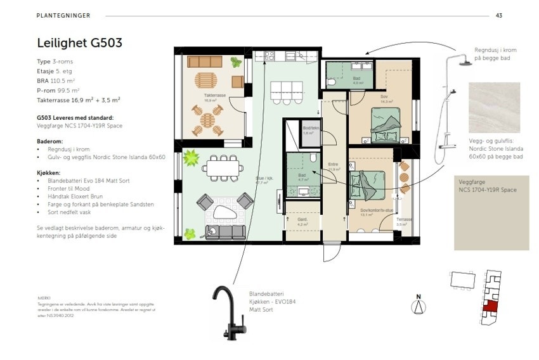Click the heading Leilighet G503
click(79, 43)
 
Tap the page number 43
click(498, 15)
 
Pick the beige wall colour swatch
click(491, 213)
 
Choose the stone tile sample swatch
click(494, 107)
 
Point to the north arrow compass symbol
click(418, 305)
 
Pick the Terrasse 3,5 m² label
click(405, 221)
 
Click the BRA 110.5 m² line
click(56, 81)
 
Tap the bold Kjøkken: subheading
click(49, 172)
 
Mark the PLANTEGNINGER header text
click(63, 15)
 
